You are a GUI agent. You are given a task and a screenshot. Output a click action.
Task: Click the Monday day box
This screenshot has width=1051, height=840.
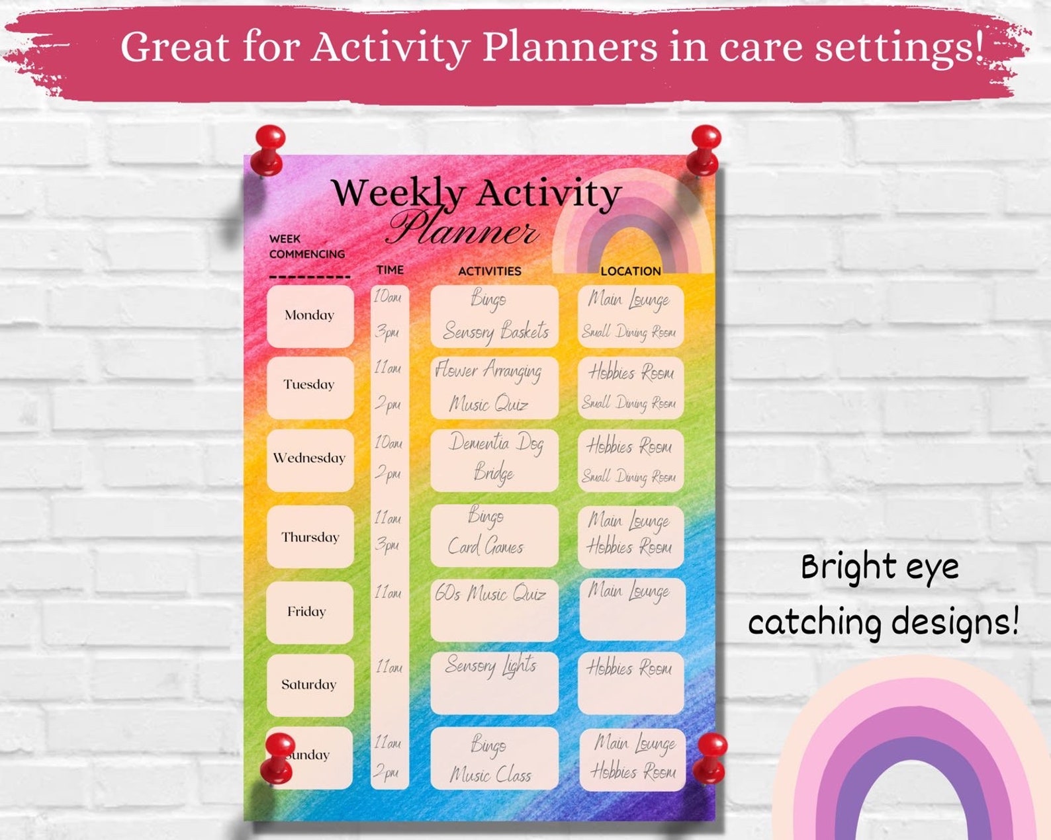click(310, 315)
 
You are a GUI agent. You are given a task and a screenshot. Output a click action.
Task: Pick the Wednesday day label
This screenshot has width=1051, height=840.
click(309, 458)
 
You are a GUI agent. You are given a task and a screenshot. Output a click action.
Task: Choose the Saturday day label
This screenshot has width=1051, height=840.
click(308, 685)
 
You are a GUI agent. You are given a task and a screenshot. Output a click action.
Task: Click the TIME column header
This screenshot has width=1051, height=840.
click(390, 270)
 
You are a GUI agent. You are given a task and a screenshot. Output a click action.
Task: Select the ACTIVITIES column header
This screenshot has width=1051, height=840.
click(490, 271)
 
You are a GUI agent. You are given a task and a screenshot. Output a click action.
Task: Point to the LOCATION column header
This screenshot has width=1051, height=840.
click(630, 271)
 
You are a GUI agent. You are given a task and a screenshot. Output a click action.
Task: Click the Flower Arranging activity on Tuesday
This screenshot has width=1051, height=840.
click(488, 371)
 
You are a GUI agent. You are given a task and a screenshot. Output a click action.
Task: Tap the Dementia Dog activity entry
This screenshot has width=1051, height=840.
click(496, 442)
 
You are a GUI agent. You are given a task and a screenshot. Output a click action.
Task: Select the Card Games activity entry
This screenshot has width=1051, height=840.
click(486, 546)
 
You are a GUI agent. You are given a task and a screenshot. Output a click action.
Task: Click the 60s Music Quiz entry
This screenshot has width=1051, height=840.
click(490, 594)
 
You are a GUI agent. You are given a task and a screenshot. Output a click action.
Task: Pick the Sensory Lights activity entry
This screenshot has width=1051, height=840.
click(490, 665)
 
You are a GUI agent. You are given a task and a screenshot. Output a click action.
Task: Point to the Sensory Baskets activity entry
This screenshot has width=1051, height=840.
click(496, 331)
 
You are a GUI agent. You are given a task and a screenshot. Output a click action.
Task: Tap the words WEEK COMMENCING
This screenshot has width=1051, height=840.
click(306, 246)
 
